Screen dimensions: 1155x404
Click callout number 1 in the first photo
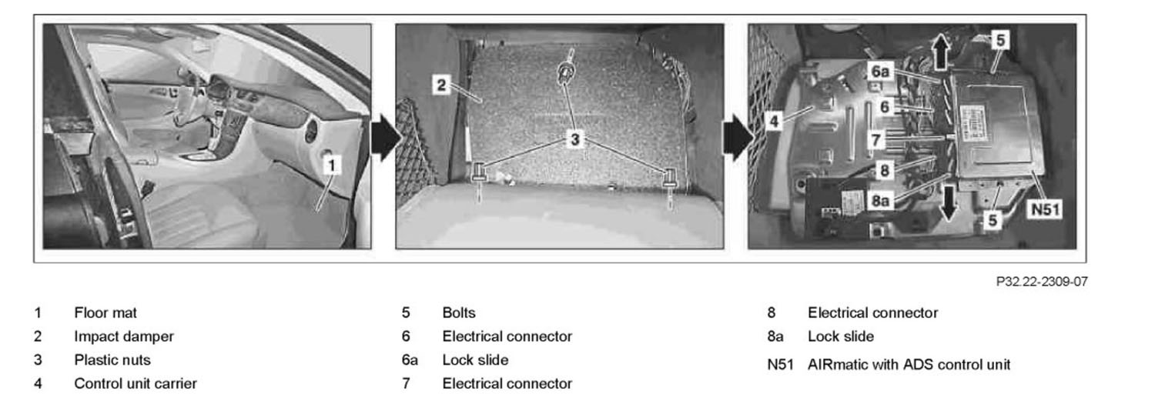pos(330,163)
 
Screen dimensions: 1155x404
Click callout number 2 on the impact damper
pos(440,85)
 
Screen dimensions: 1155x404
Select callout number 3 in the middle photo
pos(574,139)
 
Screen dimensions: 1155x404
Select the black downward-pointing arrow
pos(949,203)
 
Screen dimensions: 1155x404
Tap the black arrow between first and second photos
pos(385,139)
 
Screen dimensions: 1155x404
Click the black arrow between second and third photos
pos(736,139)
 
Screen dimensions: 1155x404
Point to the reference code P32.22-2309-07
pos(1040,282)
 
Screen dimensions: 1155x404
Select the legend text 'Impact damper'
pos(124,336)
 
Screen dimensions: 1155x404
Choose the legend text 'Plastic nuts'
pos(112,359)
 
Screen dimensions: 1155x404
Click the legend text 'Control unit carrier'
pos(135,382)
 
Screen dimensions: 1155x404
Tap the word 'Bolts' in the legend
pos(459,313)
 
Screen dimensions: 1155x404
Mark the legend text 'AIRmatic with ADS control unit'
pos(909,364)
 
